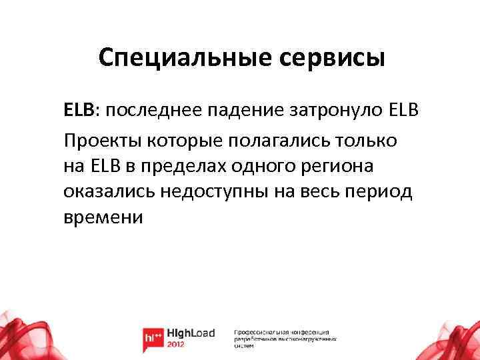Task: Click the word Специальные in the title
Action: [x=178, y=58]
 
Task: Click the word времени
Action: [x=103, y=217]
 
